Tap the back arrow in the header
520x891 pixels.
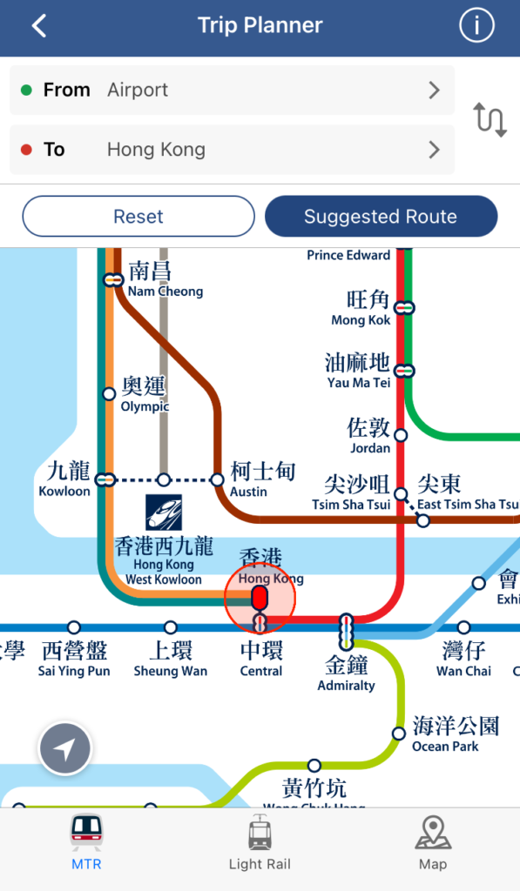(x=39, y=26)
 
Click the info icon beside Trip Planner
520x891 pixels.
(x=476, y=26)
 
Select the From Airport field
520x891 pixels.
(x=232, y=90)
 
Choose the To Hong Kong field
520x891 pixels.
(x=232, y=150)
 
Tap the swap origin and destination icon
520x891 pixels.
(x=490, y=119)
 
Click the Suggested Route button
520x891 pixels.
(x=381, y=217)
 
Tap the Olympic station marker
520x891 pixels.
(x=109, y=394)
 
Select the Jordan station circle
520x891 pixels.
(x=401, y=435)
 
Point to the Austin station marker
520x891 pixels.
(x=218, y=479)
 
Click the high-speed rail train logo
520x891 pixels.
(x=164, y=512)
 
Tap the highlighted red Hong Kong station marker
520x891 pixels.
(x=259, y=598)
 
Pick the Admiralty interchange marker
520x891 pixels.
(x=347, y=631)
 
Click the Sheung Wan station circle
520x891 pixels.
(x=171, y=627)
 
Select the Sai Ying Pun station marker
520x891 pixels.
(x=74, y=627)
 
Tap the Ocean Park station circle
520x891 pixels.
(x=399, y=734)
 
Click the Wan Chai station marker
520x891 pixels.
(x=463, y=627)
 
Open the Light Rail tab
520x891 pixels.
(x=260, y=844)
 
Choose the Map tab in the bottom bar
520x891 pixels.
(x=433, y=844)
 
